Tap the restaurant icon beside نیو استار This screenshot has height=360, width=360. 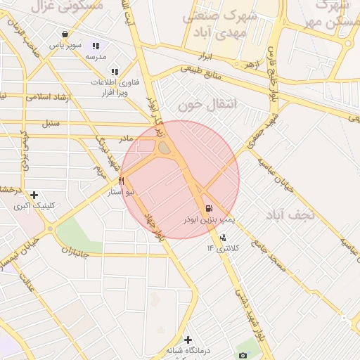point(122,181)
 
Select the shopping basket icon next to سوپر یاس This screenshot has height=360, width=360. point(65,33)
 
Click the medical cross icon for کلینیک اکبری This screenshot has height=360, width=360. point(34,195)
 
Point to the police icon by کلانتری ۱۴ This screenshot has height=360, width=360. point(224,238)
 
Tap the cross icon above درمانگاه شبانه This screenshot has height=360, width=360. point(188,340)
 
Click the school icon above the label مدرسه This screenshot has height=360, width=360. point(96,46)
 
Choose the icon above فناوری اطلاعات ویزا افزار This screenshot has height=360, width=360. point(115,71)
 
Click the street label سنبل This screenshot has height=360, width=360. point(50,124)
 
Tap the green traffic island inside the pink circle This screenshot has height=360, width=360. point(165,148)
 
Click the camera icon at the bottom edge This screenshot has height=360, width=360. point(243,355)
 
